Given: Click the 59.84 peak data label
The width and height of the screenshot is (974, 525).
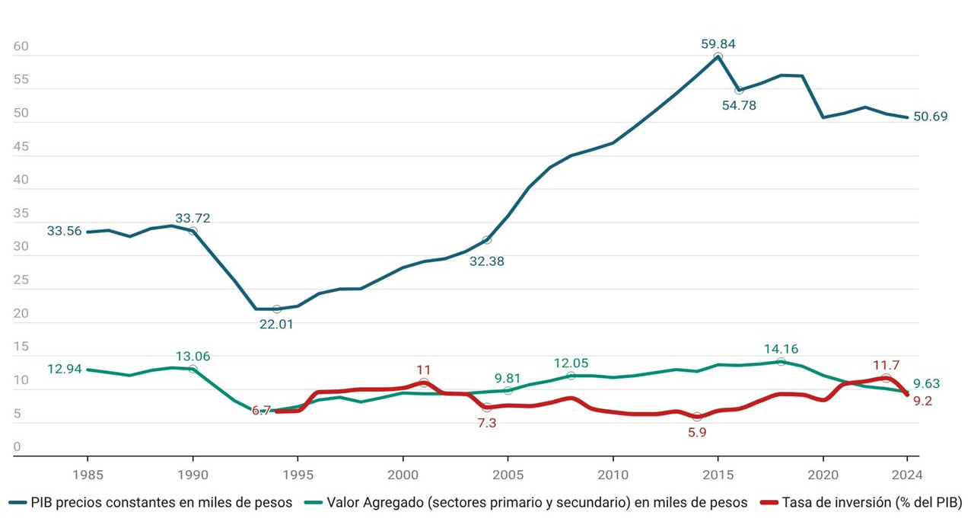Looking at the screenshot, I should click(x=718, y=44).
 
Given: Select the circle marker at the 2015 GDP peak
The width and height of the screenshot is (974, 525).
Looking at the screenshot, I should click(x=718, y=57).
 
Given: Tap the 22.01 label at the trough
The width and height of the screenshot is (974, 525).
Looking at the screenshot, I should click(x=277, y=324).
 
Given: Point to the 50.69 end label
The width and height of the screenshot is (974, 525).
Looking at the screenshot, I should click(x=930, y=117).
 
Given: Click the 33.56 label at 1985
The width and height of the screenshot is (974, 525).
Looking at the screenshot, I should click(x=64, y=232).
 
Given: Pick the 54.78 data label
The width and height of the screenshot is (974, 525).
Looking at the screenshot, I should click(x=739, y=105).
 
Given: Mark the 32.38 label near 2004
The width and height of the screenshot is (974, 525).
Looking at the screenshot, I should click(x=487, y=261).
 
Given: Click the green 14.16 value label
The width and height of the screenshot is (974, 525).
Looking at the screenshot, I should click(x=781, y=349).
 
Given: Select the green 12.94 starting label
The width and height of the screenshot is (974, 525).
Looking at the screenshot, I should click(x=64, y=370).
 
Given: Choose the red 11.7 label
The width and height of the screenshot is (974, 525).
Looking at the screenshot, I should click(x=886, y=364).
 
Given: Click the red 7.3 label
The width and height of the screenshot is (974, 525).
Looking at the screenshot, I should click(x=487, y=423).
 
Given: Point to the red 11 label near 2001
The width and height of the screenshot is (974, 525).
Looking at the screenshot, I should click(x=424, y=370).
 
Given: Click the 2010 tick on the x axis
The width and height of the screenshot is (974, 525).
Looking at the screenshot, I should click(x=613, y=474).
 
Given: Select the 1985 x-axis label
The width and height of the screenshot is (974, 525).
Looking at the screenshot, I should click(x=88, y=474).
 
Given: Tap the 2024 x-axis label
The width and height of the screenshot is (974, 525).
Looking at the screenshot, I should click(x=907, y=474).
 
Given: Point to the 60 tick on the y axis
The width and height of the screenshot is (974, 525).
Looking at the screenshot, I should click(x=21, y=47).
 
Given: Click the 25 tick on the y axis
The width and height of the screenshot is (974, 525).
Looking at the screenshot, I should click(x=21, y=280).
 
